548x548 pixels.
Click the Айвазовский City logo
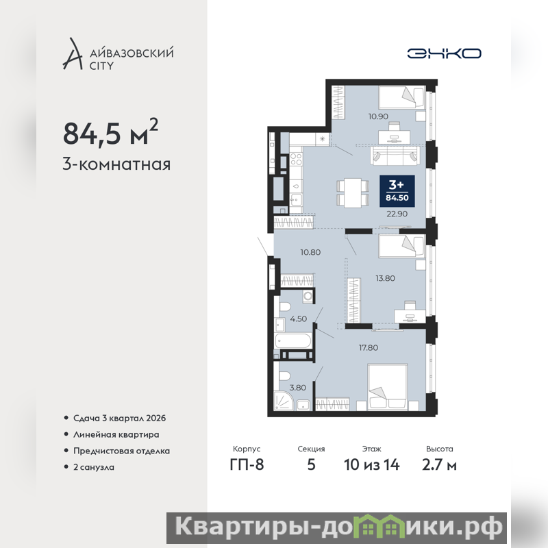(x=118, y=53)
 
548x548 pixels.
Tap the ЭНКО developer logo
(x=444, y=53)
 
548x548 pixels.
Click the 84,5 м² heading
(x=110, y=132)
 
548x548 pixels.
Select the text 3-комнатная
(x=116, y=164)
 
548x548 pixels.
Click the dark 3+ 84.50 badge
(x=397, y=191)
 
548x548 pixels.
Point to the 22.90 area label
(x=397, y=214)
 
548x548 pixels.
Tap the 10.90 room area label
(x=378, y=116)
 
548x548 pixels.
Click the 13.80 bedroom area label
(x=385, y=278)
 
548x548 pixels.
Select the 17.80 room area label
(x=369, y=347)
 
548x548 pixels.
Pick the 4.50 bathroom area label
(x=299, y=319)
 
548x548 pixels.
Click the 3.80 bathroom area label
(x=298, y=388)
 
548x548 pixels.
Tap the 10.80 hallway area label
(x=310, y=252)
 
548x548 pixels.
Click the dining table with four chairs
(x=353, y=193)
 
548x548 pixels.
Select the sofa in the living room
(x=395, y=155)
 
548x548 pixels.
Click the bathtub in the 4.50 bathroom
(x=293, y=340)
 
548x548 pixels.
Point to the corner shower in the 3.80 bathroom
(x=284, y=401)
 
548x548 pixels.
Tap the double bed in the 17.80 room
(x=388, y=386)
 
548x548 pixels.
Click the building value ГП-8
(x=247, y=465)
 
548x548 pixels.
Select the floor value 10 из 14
(x=371, y=465)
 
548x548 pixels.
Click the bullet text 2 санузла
(x=94, y=467)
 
